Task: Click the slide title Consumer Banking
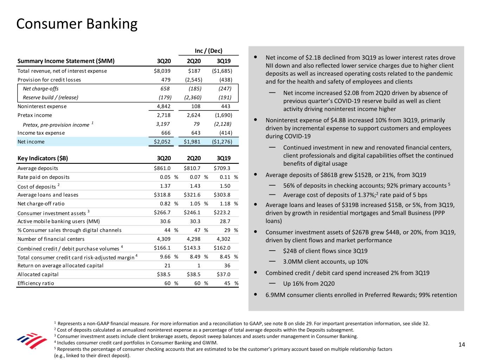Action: coord(77,24)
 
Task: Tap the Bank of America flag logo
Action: coord(32,341)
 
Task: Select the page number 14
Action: coord(461,345)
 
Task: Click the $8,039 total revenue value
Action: coord(162,71)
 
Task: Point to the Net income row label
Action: coord(31,142)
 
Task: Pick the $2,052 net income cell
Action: coord(162,142)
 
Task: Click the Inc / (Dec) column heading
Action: coord(209,51)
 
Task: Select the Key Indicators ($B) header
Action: coord(43,158)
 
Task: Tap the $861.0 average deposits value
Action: coord(162,168)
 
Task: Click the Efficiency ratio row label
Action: coord(36,283)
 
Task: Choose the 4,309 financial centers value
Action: coord(164,239)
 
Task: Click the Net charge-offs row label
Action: coord(40,89)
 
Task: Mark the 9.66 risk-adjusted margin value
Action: coord(165,257)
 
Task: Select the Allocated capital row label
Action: coord(38,275)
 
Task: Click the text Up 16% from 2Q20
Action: coord(309,284)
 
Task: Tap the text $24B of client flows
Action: coord(325,251)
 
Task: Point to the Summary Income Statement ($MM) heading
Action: coord(66,61)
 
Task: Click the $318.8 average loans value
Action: coord(162,195)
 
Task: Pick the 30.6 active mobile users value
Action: coord(165,221)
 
